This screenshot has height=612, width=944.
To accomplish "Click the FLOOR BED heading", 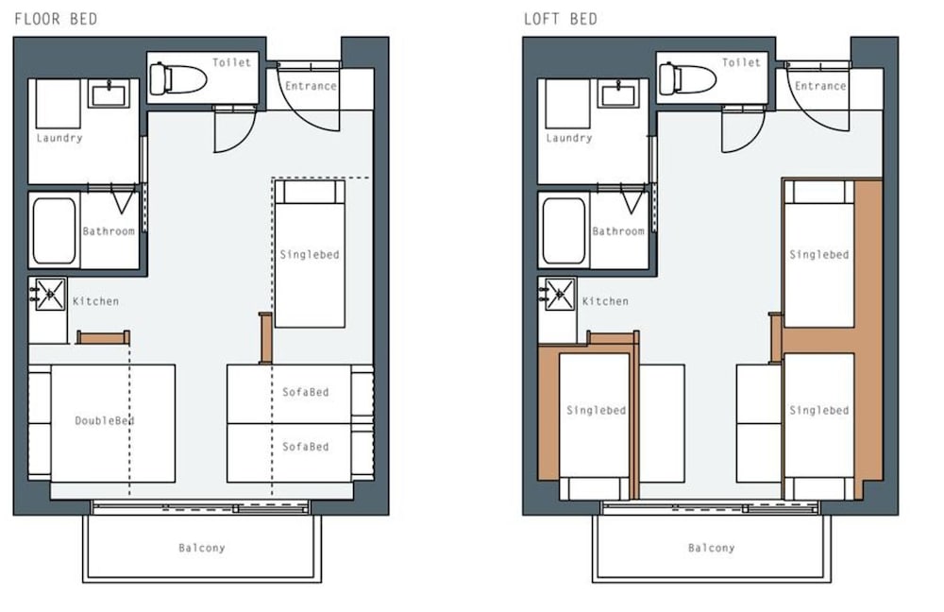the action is [x=56, y=19].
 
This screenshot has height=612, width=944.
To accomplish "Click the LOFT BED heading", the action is [x=561, y=19].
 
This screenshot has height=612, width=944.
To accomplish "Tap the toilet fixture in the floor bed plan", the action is [x=177, y=79].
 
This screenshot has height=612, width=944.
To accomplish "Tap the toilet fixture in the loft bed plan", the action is [x=687, y=79].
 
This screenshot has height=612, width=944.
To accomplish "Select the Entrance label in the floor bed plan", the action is [x=311, y=86].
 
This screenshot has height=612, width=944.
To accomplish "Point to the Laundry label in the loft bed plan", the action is [x=569, y=138].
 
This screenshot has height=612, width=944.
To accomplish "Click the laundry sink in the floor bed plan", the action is [x=109, y=93].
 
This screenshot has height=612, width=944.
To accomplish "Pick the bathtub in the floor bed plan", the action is [x=54, y=231].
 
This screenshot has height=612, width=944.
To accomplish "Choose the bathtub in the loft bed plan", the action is [x=564, y=231].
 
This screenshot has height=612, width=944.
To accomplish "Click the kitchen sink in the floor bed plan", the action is [x=50, y=294].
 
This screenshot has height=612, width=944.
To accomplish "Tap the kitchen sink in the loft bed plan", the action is [x=559, y=294].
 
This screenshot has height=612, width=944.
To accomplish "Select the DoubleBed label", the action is [x=105, y=420].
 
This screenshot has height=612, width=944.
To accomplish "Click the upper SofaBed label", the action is [x=306, y=392].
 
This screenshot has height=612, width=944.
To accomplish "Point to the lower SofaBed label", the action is [x=306, y=447].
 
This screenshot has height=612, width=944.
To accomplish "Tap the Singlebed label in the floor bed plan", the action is [x=310, y=255].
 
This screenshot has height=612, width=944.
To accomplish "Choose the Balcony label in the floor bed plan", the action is [x=202, y=548].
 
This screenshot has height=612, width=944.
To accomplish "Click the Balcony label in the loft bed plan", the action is [x=712, y=548].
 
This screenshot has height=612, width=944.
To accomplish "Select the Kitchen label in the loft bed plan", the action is [x=605, y=301].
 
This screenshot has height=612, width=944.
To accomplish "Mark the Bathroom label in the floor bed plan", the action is [x=109, y=231].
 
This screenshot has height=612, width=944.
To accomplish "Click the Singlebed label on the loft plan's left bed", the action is [x=596, y=410].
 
